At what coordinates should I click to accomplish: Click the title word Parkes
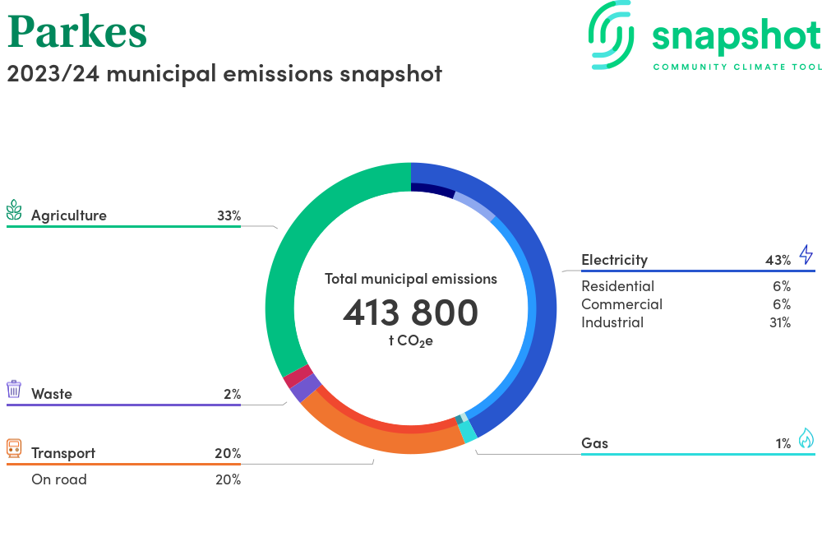click(77, 32)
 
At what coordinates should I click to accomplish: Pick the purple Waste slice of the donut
click(304, 387)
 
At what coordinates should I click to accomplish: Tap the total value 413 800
click(410, 313)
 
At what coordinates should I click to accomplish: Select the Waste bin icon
click(14, 390)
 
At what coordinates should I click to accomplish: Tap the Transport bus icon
click(14, 449)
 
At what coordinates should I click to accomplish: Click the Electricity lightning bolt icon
click(806, 254)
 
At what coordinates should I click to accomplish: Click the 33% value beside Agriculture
click(229, 215)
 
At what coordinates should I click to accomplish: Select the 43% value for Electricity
click(778, 260)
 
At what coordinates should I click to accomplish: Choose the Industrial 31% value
click(778, 322)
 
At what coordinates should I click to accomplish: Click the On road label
click(58, 479)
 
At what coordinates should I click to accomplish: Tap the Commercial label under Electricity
click(621, 304)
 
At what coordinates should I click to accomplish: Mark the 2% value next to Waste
click(232, 394)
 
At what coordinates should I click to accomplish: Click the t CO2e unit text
click(410, 340)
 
